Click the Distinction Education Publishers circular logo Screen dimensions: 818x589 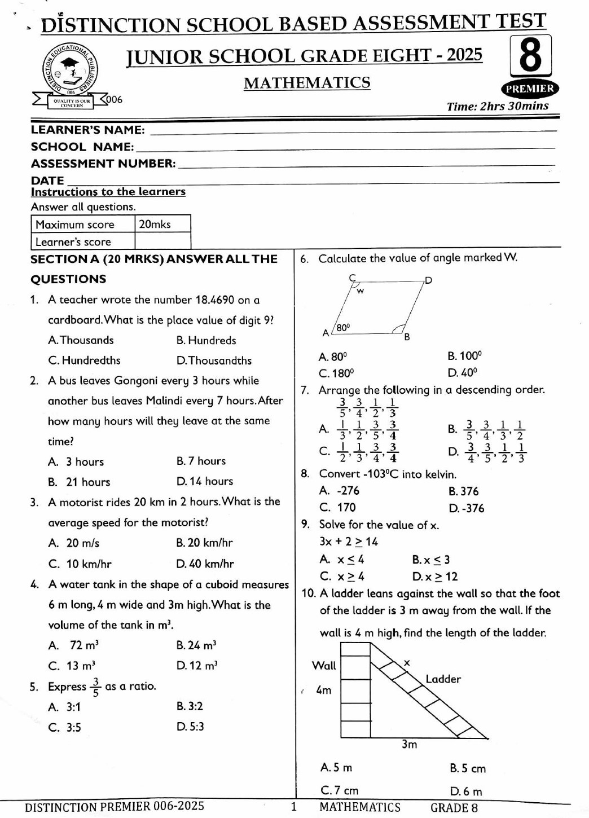tap(71, 71)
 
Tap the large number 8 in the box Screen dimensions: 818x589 tap(530, 56)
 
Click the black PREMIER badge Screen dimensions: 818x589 tap(529, 89)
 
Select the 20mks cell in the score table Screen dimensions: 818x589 tap(162, 224)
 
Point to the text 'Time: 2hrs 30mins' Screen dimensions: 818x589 tap(497, 106)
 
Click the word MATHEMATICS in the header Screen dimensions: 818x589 tap(307, 83)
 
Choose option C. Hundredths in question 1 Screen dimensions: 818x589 tap(84, 360)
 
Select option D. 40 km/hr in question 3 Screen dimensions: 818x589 tap(205, 564)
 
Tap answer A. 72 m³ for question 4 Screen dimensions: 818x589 tap(74, 645)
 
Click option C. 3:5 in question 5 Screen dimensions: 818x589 tap(65, 727)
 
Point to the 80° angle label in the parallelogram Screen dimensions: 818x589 tap(343, 327)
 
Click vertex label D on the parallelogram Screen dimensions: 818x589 tap(428, 280)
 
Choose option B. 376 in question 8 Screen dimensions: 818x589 tap(463, 491)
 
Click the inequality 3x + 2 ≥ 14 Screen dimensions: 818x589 tap(348, 542)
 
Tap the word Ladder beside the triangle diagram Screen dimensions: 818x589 tap(443, 679)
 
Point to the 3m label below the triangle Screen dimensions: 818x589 tap(409, 745)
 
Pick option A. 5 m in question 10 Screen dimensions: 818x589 tap(336, 767)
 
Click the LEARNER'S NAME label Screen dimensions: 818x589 tap(87, 130)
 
